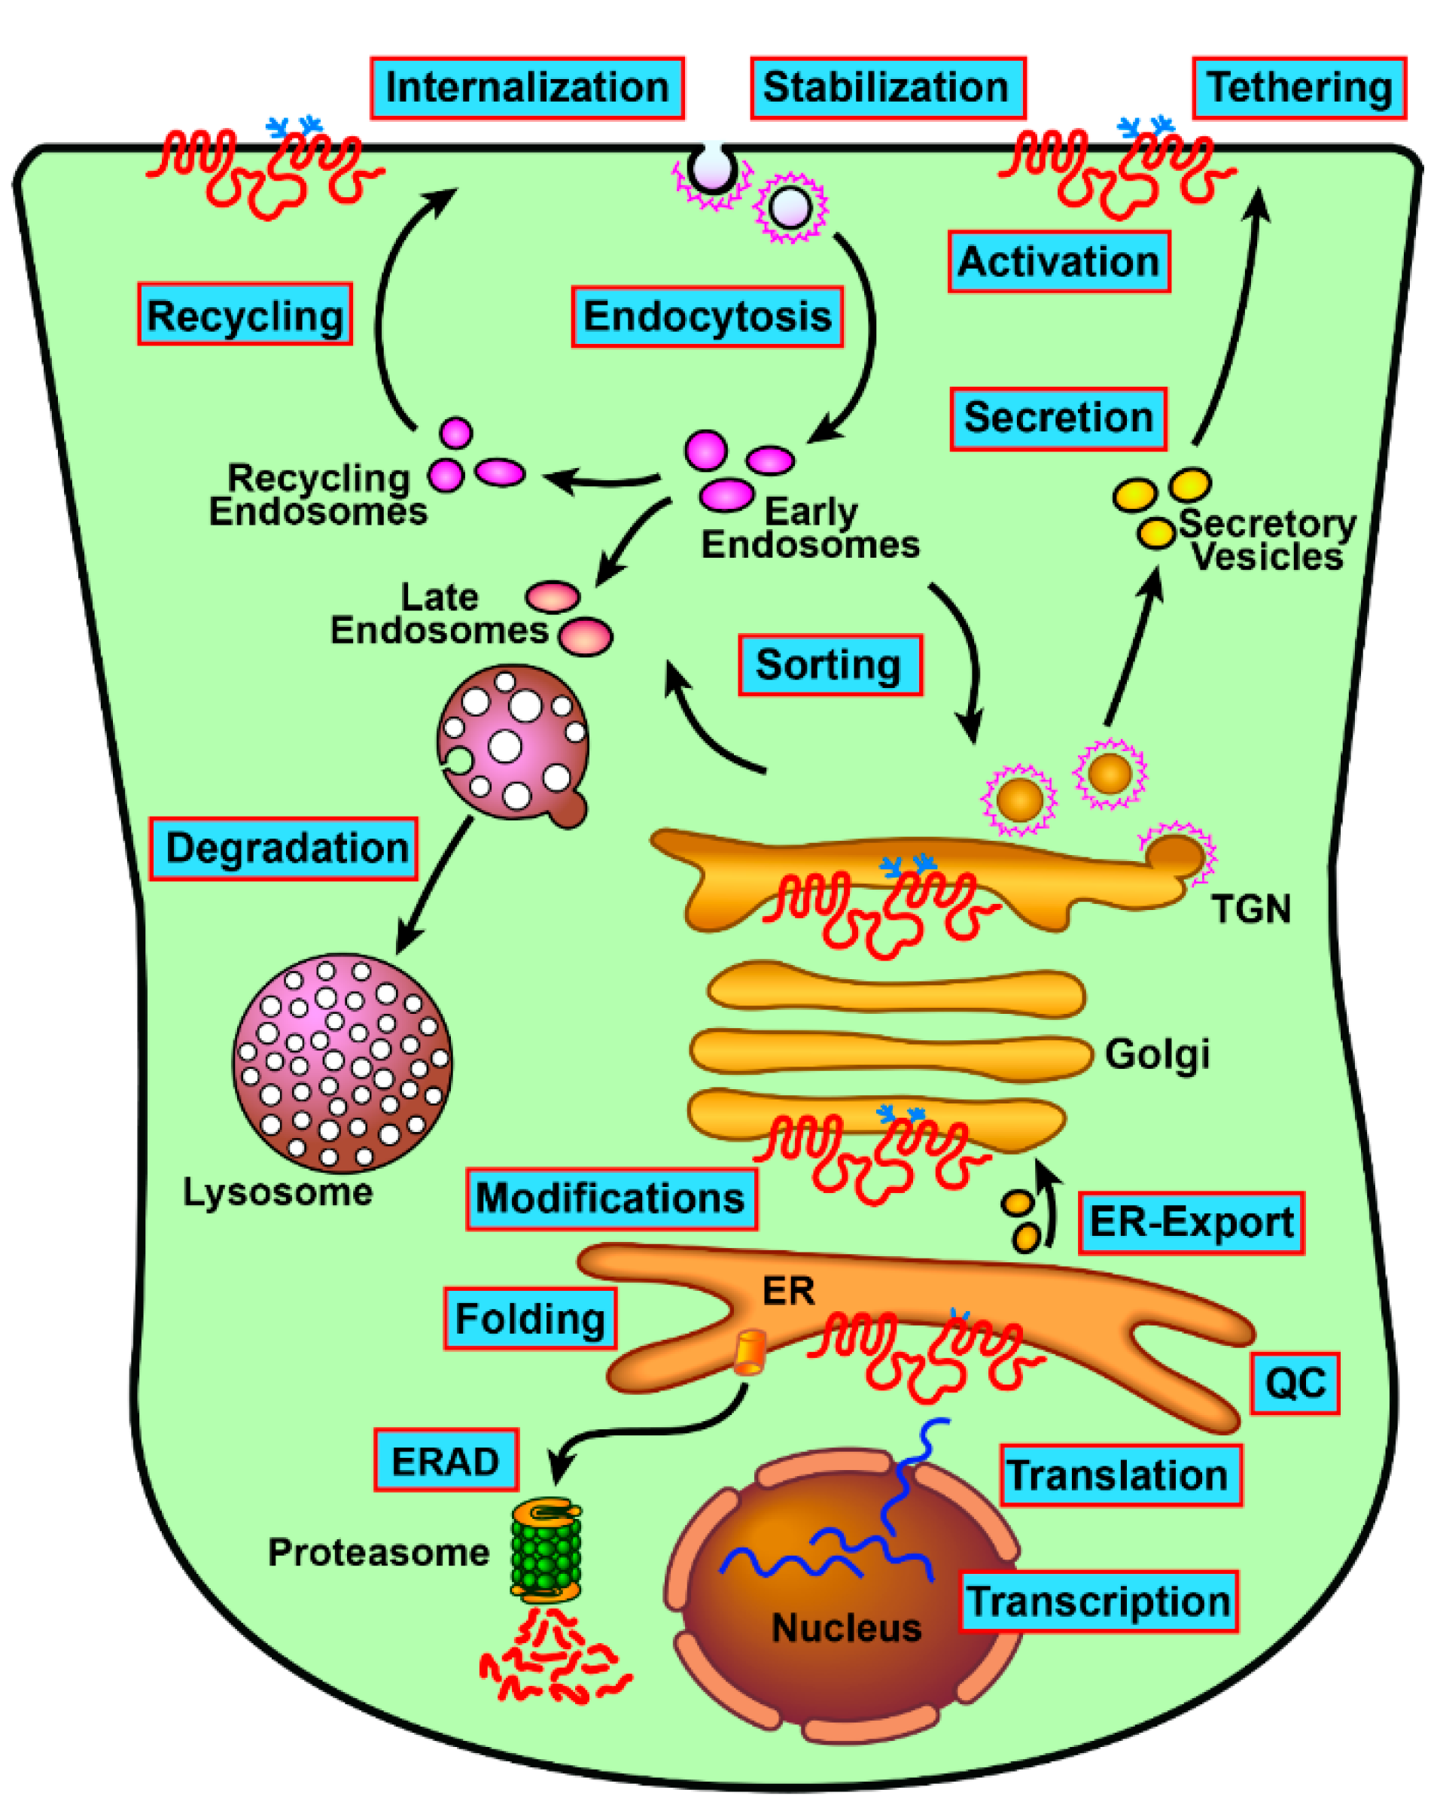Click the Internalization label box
click(x=527, y=88)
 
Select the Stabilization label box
click(x=887, y=88)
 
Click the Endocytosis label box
click(x=707, y=316)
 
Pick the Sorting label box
click(x=830, y=665)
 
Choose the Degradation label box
click(x=284, y=849)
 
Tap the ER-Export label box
click(x=1191, y=1223)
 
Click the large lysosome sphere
click(x=342, y=1063)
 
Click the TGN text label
click(x=1250, y=909)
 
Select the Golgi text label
click(x=1157, y=1054)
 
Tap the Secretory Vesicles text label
click(x=1266, y=540)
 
